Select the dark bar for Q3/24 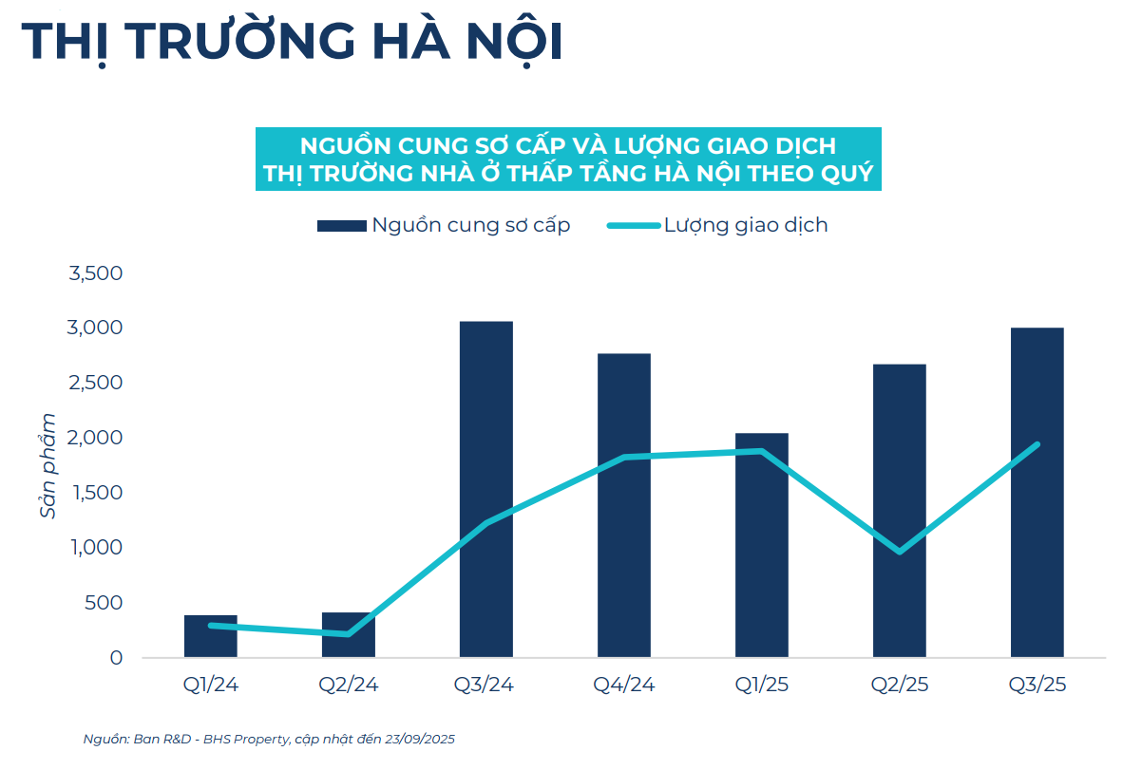coord(485,489)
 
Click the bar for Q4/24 coord(624,505)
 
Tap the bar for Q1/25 coord(762,545)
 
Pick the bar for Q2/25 coord(899,510)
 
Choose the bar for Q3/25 coord(1037,492)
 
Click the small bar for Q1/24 coord(211,636)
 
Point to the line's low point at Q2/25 coord(899,552)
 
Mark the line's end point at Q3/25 coord(1037,444)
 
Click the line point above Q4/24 coord(624,458)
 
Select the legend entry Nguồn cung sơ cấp coord(444,226)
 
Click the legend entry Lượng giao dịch coord(716,226)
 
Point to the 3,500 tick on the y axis coord(95,273)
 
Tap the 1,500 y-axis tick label coord(95,493)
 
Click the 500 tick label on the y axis coord(104,603)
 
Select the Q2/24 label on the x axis coord(349,685)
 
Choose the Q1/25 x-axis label coord(762,685)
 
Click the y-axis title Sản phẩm coord(48,465)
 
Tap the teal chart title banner coord(568,160)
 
